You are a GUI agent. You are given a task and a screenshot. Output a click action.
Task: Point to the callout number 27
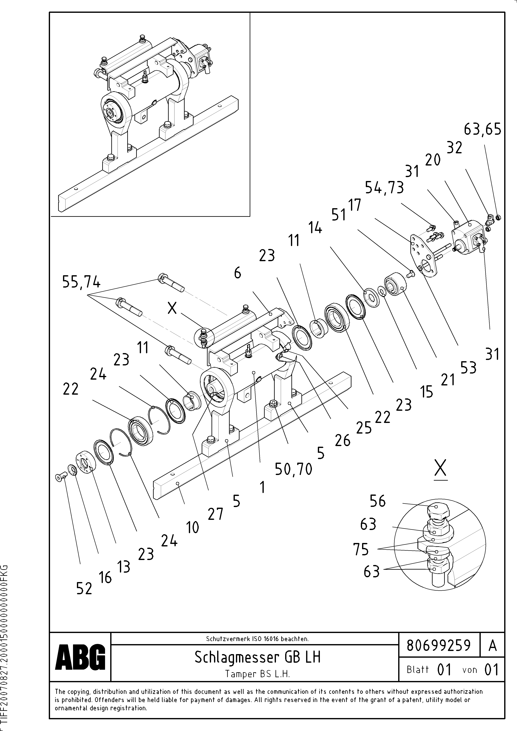pyautogui.click(x=215, y=514)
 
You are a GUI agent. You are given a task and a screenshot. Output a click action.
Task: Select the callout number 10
pyautogui.click(x=192, y=528)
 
